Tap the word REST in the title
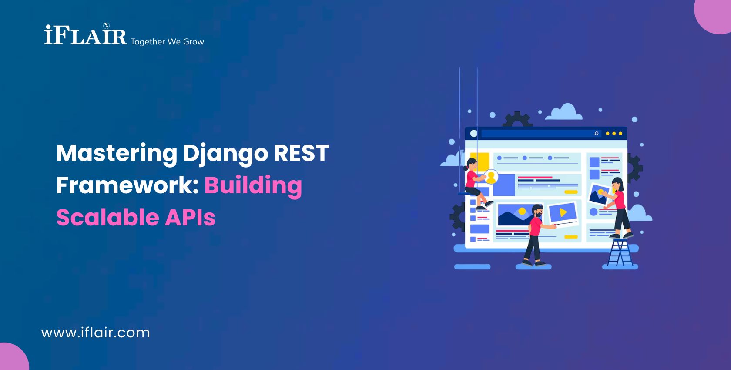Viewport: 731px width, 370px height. click(301, 153)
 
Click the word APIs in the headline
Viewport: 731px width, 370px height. click(190, 218)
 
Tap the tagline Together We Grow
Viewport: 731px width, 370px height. click(168, 42)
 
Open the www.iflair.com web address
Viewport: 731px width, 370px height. click(96, 333)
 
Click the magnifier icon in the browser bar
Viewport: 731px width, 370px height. click(596, 133)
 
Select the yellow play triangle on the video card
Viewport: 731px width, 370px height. click(563, 212)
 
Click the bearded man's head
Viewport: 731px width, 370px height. click(538, 211)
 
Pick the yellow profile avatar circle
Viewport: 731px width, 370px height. click(491, 176)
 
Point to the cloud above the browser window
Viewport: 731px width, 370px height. click(565, 112)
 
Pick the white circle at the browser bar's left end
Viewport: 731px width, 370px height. click(473, 133)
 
